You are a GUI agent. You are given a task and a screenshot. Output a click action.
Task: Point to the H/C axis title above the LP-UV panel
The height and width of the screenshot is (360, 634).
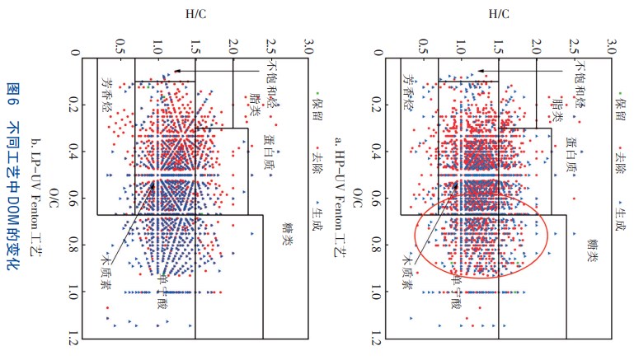pyautogui.click(x=195, y=13)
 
